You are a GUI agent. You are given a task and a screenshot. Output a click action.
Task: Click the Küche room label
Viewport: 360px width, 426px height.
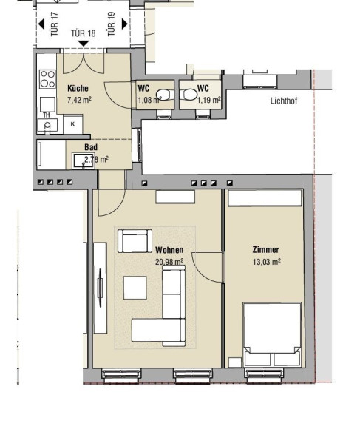(78, 88)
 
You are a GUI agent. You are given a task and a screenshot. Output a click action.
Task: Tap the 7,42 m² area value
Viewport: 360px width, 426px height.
(79, 100)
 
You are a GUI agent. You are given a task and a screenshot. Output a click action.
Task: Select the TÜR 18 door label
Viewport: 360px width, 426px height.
(84, 33)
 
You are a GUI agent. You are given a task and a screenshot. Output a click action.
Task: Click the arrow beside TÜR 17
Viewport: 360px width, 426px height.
(41, 24)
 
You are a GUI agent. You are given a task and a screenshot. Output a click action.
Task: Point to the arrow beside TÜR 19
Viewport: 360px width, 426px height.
(125, 24)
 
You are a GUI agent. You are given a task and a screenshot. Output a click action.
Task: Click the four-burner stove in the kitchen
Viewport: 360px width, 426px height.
(47, 79)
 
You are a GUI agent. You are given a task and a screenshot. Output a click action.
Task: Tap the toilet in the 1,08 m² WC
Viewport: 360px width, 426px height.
(164, 95)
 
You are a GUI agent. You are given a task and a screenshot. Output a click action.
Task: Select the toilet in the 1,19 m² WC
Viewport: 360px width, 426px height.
(189, 95)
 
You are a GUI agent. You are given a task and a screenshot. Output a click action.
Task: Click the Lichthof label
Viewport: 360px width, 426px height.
(284, 101)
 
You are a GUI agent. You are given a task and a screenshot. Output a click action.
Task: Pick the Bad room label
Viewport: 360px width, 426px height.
(91, 147)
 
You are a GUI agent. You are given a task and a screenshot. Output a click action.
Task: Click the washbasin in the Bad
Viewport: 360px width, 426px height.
(83, 160)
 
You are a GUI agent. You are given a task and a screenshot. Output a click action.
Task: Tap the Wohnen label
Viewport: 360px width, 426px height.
(169, 250)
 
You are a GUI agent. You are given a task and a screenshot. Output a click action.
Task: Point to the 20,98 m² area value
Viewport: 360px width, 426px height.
(169, 262)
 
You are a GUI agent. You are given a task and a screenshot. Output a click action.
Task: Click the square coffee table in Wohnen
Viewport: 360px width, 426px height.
(135, 288)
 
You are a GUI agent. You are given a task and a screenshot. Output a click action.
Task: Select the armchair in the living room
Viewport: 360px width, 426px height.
(135, 241)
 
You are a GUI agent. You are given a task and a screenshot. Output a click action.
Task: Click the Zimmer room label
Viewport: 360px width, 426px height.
(265, 250)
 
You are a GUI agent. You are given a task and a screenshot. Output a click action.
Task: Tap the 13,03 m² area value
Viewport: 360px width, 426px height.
(267, 262)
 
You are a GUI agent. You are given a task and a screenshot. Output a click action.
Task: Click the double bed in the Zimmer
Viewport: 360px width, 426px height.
(272, 334)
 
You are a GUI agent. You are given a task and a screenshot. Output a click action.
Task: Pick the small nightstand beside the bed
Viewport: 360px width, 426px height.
(235, 362)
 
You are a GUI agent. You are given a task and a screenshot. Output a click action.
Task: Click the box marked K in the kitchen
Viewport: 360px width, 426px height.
(72, 124)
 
